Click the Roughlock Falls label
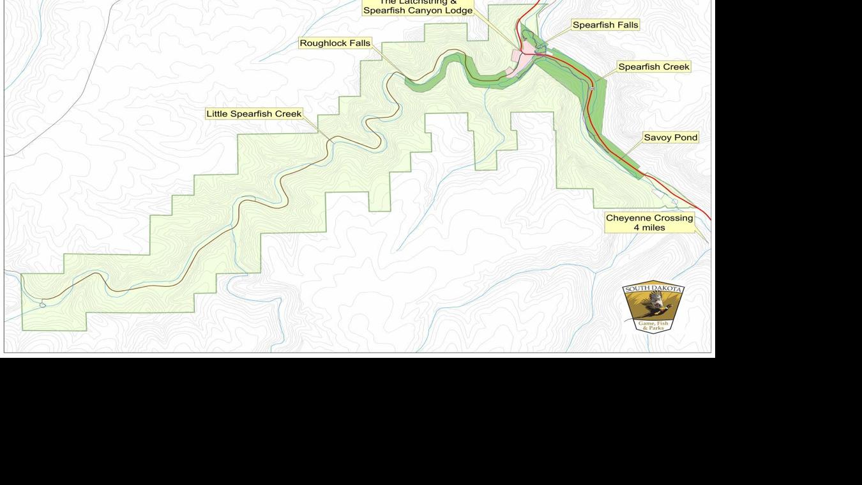point(335,43)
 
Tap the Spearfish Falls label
point(605,25)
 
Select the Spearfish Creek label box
point(653,66)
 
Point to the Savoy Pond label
point(670,137)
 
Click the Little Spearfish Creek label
point(253,114)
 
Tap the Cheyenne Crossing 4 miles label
point(649,222)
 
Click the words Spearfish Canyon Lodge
point(418,11)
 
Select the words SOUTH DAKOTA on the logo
point(653,289)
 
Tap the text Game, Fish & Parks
point(653,325)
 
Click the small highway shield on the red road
point(592,89)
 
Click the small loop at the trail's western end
point(43,304)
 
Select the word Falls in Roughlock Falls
point(359,43)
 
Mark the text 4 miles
point(649,227)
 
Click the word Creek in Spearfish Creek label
point(676,66)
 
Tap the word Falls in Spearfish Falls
point(626,25)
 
